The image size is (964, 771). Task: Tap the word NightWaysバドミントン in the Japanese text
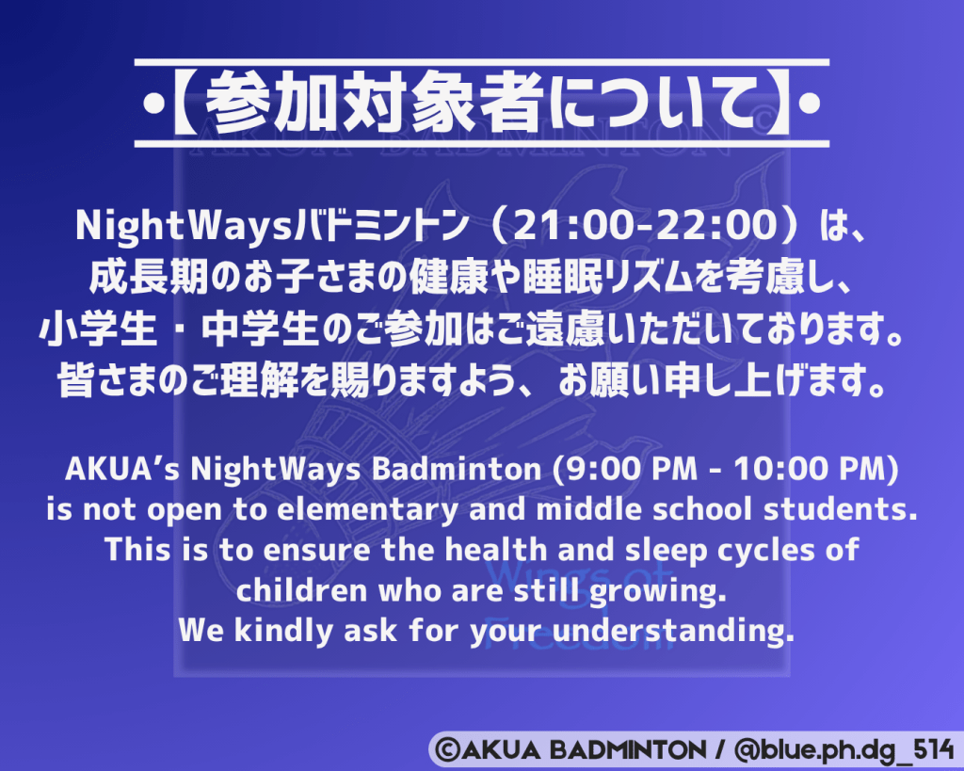click(x=272, y=226)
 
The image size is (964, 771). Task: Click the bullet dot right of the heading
click(x=811, y=104)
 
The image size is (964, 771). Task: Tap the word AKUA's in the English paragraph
click(x=121, y=469)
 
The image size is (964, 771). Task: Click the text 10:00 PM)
click(x=816, y=470)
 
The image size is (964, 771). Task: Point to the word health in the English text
click(x=495, y=550)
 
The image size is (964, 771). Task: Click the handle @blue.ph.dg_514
click(x=843, y=750)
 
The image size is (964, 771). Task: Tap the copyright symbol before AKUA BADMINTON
click(x=447, y=750)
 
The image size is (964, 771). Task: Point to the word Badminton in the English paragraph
click(x=457, y=469)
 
